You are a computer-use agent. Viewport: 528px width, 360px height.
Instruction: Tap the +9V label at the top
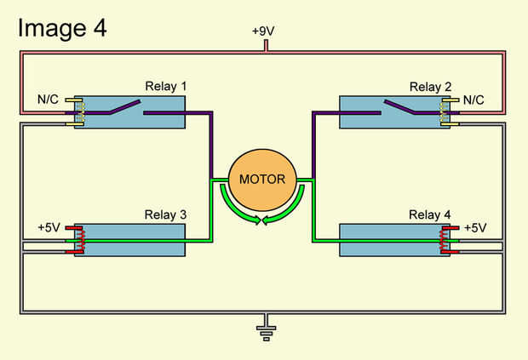(264, 31)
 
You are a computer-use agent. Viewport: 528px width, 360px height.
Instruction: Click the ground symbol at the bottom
(266, 330)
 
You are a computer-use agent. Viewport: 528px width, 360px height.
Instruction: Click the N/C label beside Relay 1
(48, 100)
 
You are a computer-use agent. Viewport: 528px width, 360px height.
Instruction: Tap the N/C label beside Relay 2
(473, 100)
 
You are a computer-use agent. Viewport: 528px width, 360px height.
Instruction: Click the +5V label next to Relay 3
(49, 227)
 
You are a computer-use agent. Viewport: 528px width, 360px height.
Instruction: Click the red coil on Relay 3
(79, 241)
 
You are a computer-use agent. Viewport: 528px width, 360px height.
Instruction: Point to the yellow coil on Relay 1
(79, 112)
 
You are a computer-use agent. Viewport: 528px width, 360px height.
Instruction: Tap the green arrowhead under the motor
(267, 220)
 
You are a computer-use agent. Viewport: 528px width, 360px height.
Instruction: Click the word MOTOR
(262, 180)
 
